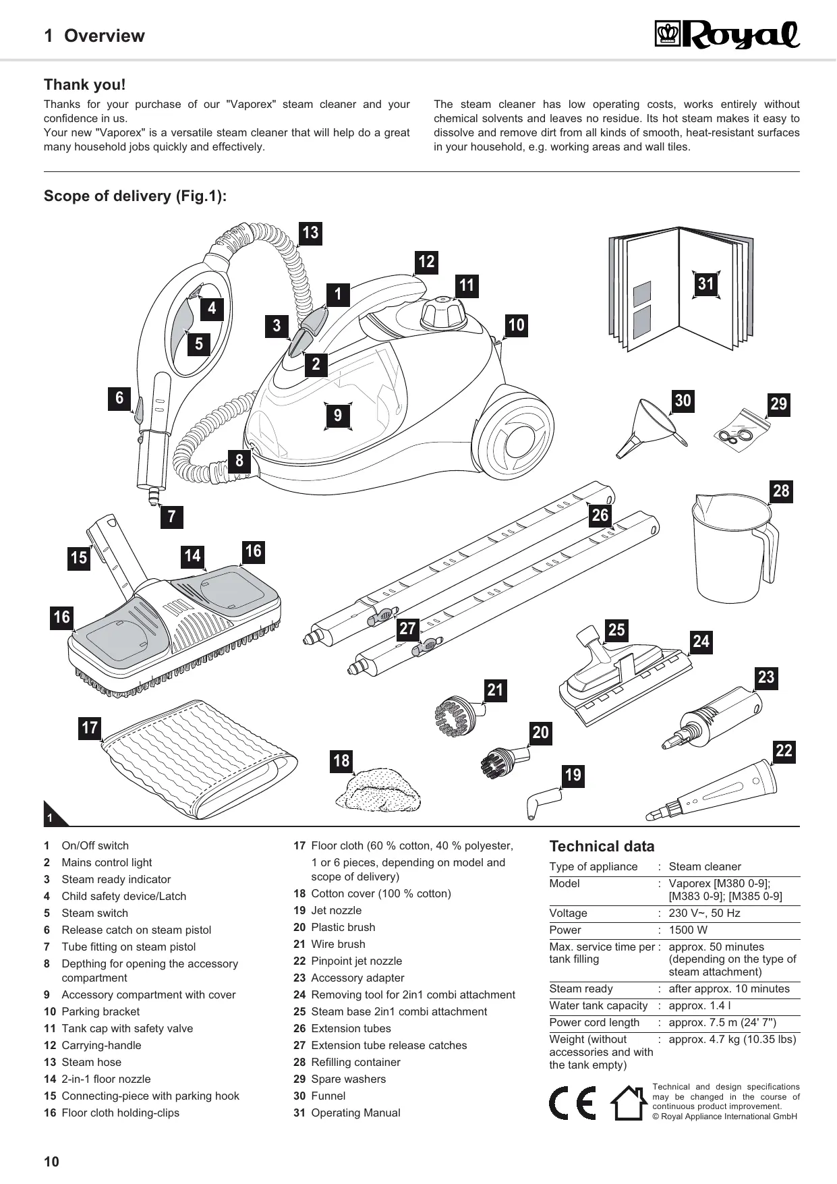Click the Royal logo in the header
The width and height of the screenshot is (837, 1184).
click(727, 35)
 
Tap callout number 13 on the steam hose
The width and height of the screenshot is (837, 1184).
click(310, 233)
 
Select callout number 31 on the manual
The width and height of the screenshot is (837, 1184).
click(705, 283)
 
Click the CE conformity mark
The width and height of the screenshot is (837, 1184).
click(572, 1103)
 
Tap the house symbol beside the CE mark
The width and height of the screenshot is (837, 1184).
click(628, 1102)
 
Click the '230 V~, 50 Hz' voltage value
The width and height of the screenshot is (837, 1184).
click(704, 913)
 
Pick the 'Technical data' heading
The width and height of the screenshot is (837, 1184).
click(602, 847)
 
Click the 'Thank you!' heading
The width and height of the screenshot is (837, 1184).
click(84, 85)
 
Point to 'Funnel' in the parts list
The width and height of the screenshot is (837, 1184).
click(328, 1096)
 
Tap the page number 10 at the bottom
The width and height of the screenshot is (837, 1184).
click(51, 1161)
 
